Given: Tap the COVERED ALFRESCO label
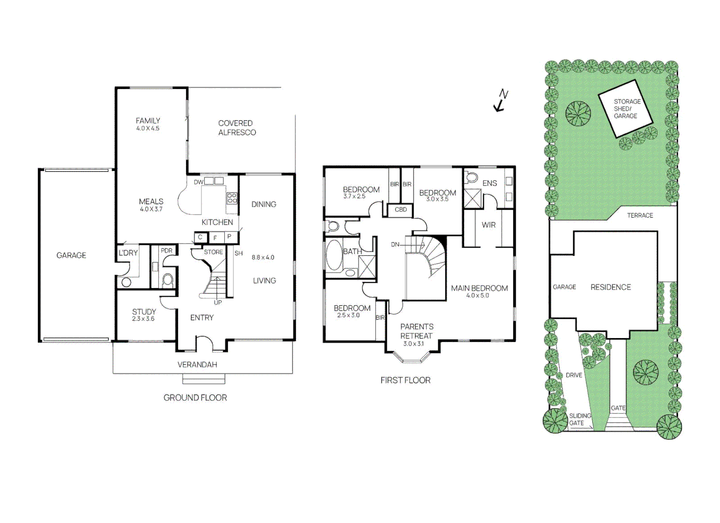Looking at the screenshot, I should tap(236, 128).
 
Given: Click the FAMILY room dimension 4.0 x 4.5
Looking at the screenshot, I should tap(148, 129).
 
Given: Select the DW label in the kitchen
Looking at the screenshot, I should tap(198, 183).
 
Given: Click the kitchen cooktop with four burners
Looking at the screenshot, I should tap(232, 198).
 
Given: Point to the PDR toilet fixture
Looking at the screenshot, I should tap(168, 279).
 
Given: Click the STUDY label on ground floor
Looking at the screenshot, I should tap(144, 311).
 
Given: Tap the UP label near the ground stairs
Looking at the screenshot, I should tap(218, 303).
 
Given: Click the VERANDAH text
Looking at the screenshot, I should tap(197, 365).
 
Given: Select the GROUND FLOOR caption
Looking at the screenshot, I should tap(195, 398).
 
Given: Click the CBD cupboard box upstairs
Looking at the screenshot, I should tap(400, 210).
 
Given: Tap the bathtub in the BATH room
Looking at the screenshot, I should tap(334, 255).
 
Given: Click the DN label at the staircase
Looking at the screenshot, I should tap(395, 245).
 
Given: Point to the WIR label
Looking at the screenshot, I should tap(489, 225).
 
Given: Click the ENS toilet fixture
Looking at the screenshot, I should tap(472, 177).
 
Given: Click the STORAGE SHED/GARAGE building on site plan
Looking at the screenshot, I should tap(625, 109).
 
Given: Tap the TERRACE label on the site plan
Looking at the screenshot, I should tap(640, 215).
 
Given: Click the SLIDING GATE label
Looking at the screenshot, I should tap(580, 419).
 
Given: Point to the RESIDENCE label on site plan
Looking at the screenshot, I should tap(611, 287).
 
